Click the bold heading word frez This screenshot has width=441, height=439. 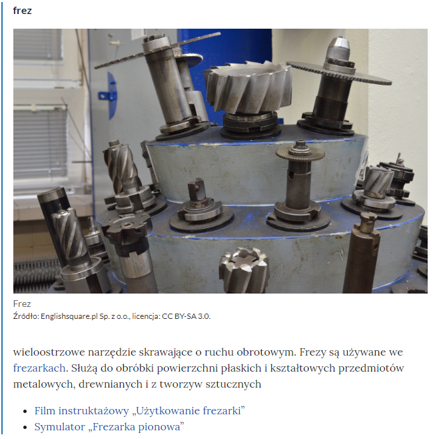(x=22, y=11)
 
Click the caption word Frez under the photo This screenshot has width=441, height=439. (x=22, y=304)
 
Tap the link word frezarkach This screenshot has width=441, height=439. (x=39, y=368)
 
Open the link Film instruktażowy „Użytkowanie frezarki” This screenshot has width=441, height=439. (x=139, y=410)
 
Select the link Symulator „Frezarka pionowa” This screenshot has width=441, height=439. (x=109, y=426)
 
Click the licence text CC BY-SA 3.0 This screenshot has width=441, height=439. (x=186, y=316)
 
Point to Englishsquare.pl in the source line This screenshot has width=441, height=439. (x=69, y=316)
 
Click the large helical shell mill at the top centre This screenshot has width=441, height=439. (x=248, y=88)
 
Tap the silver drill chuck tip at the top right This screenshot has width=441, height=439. (x=339, y=49)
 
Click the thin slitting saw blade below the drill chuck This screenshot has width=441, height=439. (x=339, y=73)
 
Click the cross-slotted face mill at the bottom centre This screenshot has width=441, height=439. (x=244, y=270)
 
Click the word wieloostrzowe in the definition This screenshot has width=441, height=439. (x=49, y=352)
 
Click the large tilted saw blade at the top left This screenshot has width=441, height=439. (x=157, y=50)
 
